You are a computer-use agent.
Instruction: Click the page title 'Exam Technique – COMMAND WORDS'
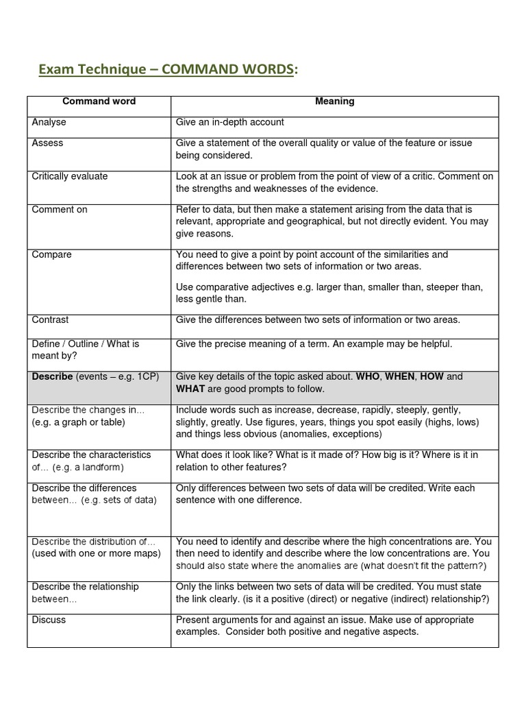pos(168,69)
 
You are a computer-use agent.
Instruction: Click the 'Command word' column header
pos(99,101)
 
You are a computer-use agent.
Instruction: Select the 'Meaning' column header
pos(334,101)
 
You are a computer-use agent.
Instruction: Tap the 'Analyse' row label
pos(49,122)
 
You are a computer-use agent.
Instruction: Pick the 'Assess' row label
pos(47,143)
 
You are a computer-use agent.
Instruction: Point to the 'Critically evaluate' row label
pos(70,176)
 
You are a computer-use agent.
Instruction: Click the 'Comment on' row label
pos(60,210)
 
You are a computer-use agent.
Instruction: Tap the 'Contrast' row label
pos(51,319)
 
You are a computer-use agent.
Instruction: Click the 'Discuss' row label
pos(49,620)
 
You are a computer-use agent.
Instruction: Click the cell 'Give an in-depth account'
pos(230,122)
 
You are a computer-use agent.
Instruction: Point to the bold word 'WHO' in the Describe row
pos(368,376)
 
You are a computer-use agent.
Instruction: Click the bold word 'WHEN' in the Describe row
pos(401,376)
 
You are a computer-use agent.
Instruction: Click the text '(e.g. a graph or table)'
pos(79,422)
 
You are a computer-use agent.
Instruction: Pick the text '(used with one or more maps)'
pos(96,553)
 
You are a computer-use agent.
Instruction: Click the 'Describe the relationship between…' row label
pos(85,592)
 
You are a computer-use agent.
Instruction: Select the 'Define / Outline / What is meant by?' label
pos(85,350)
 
